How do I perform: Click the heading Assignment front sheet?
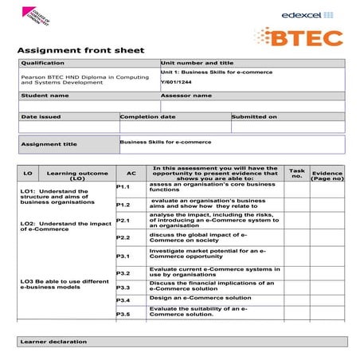point(80,51)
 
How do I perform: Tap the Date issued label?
point(41,116)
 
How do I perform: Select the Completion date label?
point(147,116)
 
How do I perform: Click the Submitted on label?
point(255,116)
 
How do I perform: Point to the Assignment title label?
point(49,144)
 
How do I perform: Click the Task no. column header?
point(296,173)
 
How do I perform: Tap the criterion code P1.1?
point(123,186)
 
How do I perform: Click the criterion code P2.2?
point(123,237)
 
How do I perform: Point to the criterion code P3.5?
point(123,314)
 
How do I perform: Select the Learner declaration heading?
point(53,342)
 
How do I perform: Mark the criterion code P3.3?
point(123,287)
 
